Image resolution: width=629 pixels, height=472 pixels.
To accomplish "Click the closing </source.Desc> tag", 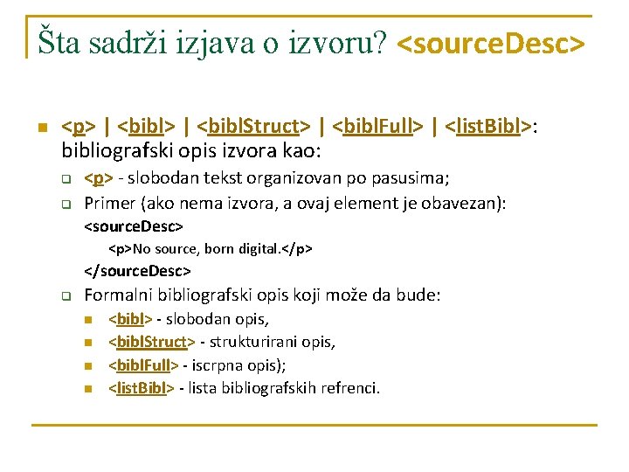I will click(137, 272).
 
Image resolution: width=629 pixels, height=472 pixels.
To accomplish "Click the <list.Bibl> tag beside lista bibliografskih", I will click(139, 387).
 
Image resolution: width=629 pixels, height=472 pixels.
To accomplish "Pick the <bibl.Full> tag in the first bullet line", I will click(384, 128).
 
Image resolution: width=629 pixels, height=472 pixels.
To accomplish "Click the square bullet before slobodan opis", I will click(88, 320).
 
